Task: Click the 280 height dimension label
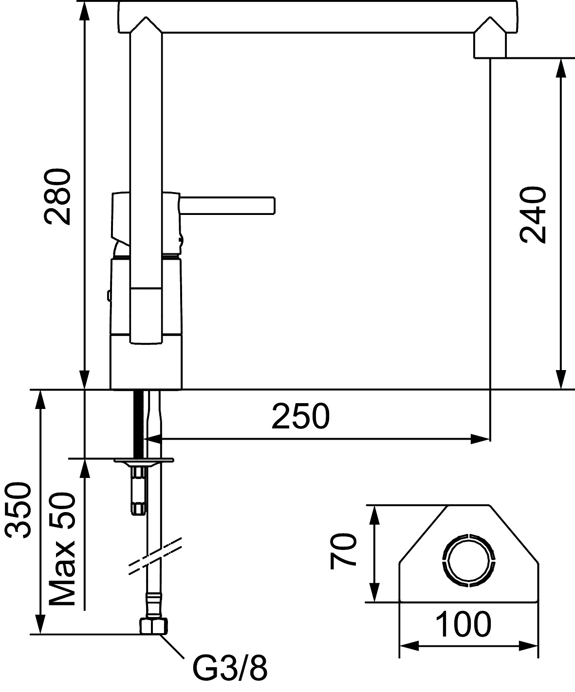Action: [57, 197]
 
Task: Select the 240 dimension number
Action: [533, 215]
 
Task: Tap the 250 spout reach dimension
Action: [300, 416]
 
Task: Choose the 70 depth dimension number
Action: [343, 550]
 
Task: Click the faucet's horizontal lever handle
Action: [227, 206]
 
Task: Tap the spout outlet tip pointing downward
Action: [490, 46]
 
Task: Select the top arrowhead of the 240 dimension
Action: [561, 68]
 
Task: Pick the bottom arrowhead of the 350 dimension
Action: [40, 624]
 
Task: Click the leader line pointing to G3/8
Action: [172, 646]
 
